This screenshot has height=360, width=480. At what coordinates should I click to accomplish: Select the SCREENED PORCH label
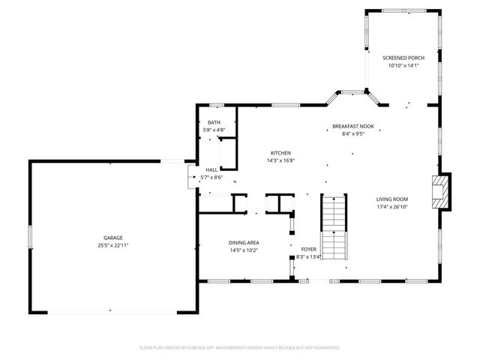pos(403,58)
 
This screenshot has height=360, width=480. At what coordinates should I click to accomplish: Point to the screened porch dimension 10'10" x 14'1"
pos(403,66)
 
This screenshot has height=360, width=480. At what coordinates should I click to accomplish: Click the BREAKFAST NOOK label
pos(352,127)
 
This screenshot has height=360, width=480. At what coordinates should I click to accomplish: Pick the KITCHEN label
pos(280,152)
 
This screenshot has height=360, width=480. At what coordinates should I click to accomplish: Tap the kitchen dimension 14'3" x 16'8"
pos(280,160)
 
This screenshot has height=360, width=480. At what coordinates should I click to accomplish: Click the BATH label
pos(214,122)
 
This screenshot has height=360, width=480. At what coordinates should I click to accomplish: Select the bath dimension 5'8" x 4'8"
pos(214,130)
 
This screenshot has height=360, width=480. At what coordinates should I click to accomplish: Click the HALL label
pos(211,169)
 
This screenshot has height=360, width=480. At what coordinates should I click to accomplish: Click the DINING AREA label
pos(244,242)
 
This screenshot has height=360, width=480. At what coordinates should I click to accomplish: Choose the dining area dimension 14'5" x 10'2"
pos(244,250)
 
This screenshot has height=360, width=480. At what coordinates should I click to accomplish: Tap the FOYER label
pos(308,249)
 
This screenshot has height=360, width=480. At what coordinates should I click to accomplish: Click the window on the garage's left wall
pos(30,237)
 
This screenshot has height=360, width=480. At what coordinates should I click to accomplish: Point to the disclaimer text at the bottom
pos(240,348)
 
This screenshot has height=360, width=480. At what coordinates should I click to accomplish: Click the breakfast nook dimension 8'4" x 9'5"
pos(352,135)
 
